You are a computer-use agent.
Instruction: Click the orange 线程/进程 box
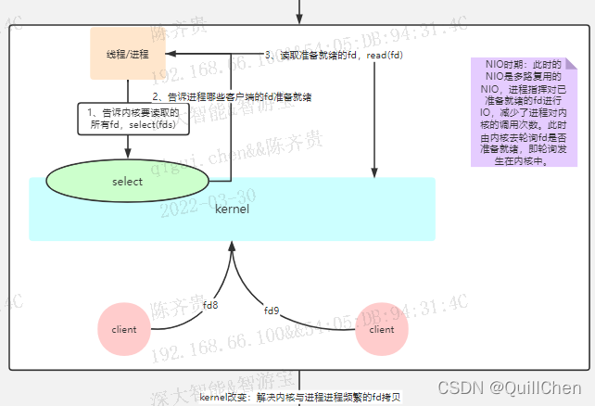click(x=126, y=54)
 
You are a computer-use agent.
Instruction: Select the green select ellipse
click(x=126, y=182)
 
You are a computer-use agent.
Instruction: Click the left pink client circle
click(x=123, y=329)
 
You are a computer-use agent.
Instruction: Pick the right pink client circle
click(x=381, y=329)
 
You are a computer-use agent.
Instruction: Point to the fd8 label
click(x=210, y=304)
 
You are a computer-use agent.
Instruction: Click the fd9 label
click(x=272, y=310)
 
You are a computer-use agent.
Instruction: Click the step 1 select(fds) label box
click(x=127, y=118)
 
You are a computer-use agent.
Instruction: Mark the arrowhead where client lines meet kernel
click(x=230, y=245)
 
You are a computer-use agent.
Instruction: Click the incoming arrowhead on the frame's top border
click(x=299, y=19)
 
